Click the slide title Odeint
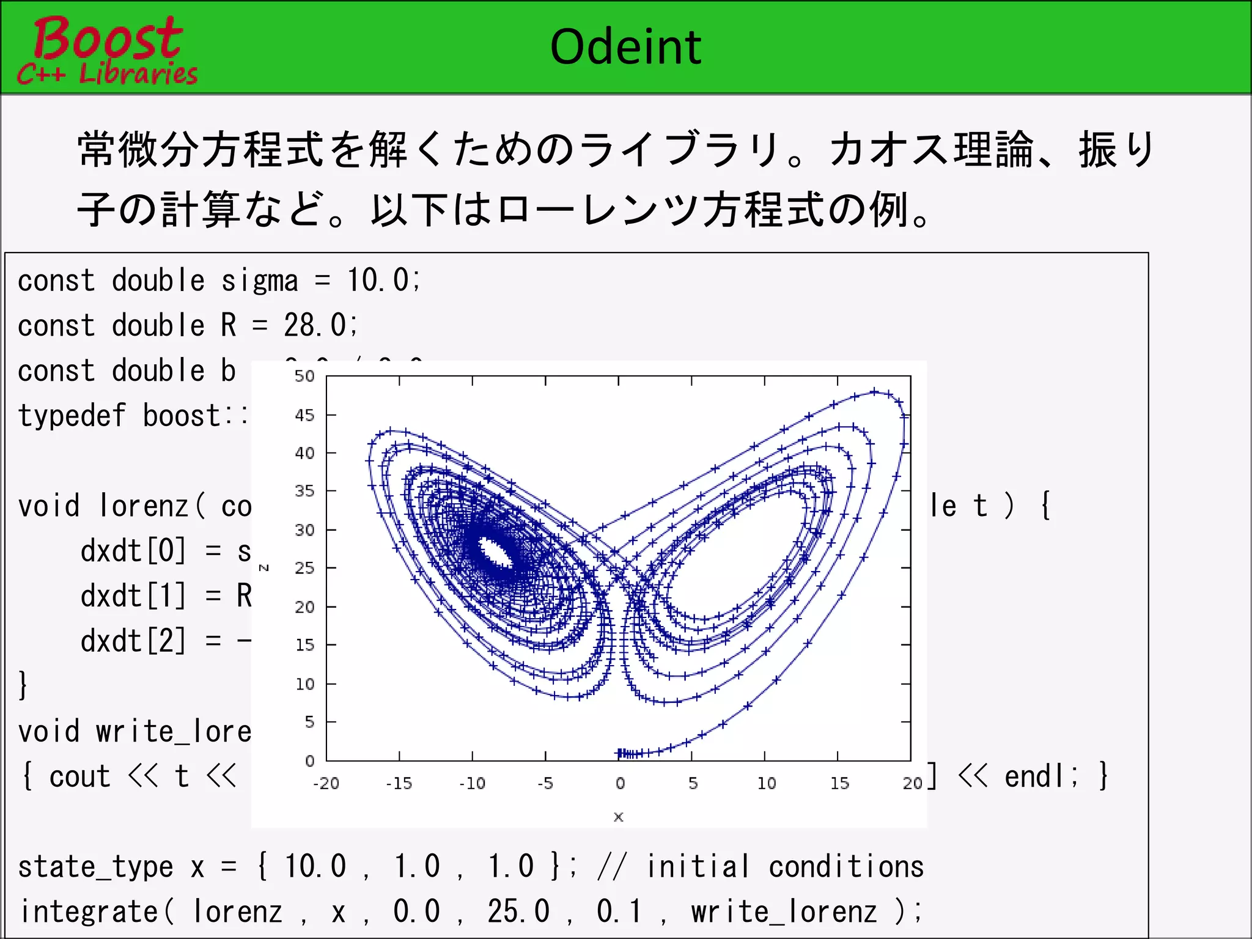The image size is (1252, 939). click(x=625, y=47)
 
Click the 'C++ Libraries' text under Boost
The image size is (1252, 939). click(x=108, y=74)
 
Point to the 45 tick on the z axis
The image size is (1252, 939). click(x=304, y=416)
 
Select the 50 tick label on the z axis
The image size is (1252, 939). click(x=304, y=376)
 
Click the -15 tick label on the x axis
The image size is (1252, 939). click(x=399, y=783)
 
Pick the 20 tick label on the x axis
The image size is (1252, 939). click(x=912, y=783)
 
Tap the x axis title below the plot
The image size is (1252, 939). click(x=619, y=817)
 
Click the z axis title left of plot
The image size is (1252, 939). click(x=264, y=568)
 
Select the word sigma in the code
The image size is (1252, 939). click(x=260, y=281)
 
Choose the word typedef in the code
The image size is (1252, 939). click(x=72, y=416)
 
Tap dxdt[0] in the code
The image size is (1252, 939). click(x=133, y=551)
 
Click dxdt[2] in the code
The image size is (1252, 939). click(x=133, y=641)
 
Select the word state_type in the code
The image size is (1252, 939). click(x=95, y=867)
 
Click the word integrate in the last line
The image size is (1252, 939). click(x=89, y=911)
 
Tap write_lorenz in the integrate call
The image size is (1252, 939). click(x=784, y=911)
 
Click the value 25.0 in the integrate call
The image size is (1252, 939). click(x=518, y=911)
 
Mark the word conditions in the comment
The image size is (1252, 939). click(x=846, y=867)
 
